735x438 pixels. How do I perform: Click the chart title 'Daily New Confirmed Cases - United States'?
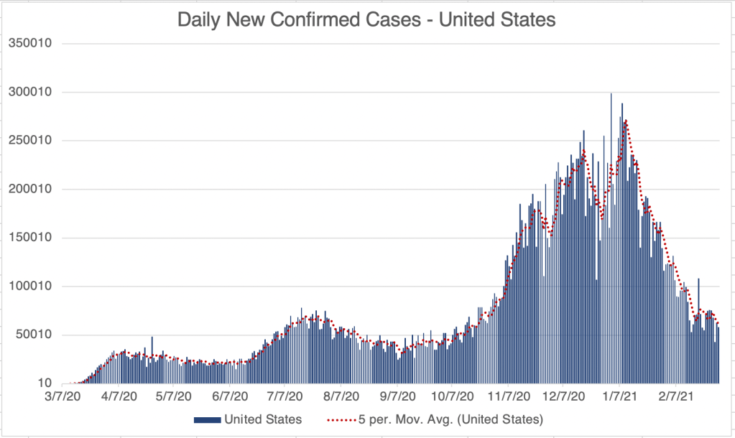366,20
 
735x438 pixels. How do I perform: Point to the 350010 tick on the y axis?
29,43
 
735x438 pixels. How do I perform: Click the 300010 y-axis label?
29,92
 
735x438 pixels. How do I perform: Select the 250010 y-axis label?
29,140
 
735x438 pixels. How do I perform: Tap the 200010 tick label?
29,189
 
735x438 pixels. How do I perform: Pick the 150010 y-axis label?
29,238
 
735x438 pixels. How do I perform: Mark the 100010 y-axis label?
29,286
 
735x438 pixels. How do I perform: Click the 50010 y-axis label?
32,335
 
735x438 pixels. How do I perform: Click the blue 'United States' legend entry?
248,419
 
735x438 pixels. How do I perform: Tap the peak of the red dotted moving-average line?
627,121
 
